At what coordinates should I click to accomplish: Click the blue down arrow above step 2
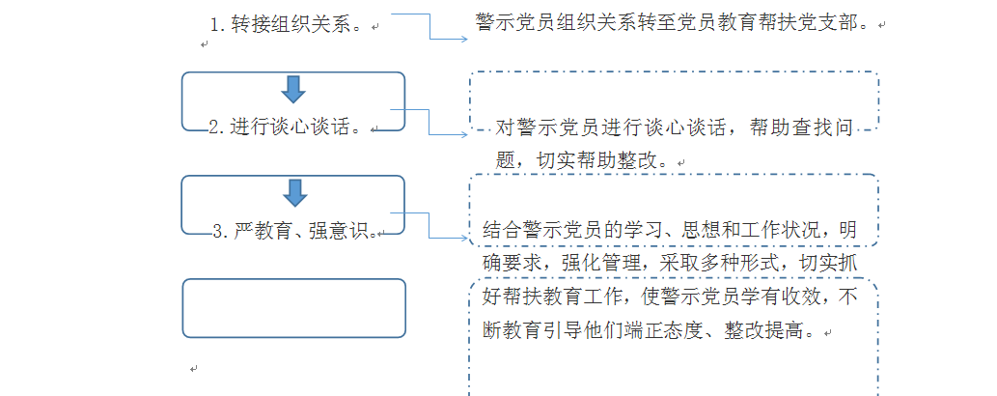point(293,89)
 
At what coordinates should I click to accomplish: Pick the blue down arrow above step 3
point(293,191)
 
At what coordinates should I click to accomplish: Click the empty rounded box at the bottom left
point(293,308)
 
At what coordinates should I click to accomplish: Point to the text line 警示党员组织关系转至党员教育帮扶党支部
point(676,21)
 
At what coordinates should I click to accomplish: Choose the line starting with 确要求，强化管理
point(669,263)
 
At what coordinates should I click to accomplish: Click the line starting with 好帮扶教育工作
point(669,297)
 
